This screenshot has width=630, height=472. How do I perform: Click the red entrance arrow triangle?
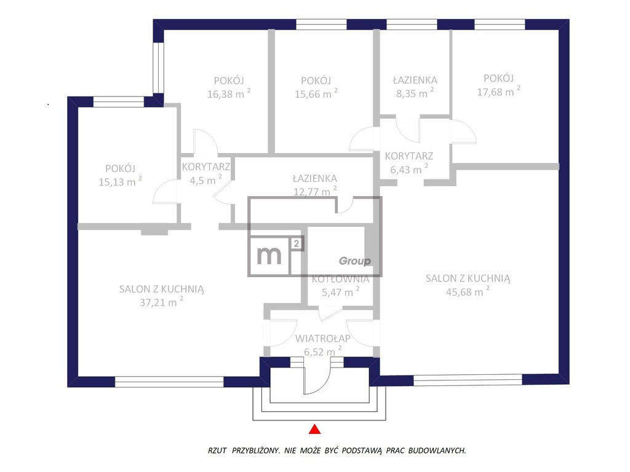tap(314, 429)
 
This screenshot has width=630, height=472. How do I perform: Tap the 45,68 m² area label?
tap(468, 291)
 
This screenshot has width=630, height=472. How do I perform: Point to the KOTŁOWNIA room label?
tap(340, 278)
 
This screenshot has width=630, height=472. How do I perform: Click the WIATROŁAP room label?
tap(322, 339)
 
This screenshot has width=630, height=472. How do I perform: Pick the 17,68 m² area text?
tap(498, 92)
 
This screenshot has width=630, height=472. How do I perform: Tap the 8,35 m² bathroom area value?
tap(415, 93)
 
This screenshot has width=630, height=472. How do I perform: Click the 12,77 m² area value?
tap(315, 191)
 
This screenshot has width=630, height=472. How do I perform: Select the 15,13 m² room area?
tap(120, 181)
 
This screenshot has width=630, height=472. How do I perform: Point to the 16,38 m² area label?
tap(229, 94)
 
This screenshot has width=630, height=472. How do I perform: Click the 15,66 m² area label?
tap(316, 94)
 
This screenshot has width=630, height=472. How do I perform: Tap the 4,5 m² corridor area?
tap(205, 180)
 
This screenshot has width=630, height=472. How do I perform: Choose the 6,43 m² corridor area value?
tap(409, 169)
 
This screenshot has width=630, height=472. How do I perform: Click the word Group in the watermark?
tap(355, 261)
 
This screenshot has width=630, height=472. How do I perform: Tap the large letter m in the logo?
tap(269, 255)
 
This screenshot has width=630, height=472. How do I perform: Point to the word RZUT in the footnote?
tap(217, 450)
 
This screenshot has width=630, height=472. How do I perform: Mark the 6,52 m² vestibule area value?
tap(322, 352)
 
